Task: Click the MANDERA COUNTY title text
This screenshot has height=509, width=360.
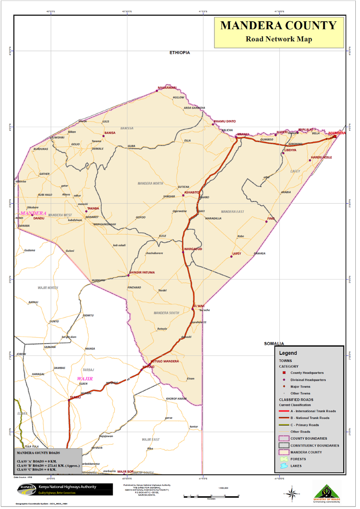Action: (x=278, y=26)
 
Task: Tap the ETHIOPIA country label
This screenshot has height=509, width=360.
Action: (x=179, y=53)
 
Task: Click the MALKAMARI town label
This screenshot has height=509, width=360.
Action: (x=167, y=87)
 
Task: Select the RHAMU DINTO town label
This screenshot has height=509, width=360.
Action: (x=225, y=121)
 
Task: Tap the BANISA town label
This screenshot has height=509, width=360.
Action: (x=110, y=133)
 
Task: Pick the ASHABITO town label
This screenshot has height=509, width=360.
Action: (x=192, y=192)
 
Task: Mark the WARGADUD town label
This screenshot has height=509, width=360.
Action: (x=193, y=249)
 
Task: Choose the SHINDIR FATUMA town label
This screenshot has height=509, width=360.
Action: (x=142, y=272)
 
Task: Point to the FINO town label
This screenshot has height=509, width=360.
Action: (x=271, y=218)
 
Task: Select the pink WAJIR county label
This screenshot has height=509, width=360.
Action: (x=85, y=378)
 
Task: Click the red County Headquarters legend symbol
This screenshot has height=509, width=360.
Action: (x=284, y=372)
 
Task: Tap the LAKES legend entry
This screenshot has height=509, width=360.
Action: (x=296, y=466)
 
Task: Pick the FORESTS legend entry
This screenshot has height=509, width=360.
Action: (x=299, y=459)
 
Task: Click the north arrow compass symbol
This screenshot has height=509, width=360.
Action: (x=292, y=493)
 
